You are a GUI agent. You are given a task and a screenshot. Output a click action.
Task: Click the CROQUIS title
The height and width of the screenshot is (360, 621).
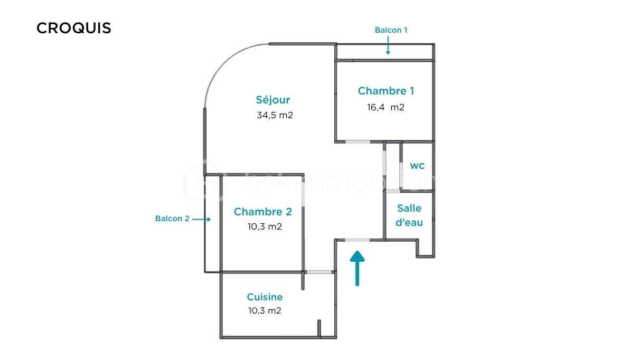click(74, 28)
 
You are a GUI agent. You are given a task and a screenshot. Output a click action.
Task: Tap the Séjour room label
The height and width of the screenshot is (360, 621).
click(273, 99)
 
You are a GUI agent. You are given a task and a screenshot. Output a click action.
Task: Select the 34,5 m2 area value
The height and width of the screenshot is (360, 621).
click(275, 115)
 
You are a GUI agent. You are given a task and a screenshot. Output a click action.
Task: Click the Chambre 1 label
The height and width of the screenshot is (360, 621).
click(385, 91)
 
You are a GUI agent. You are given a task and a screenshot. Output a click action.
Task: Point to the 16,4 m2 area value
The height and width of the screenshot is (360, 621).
click(385, 107)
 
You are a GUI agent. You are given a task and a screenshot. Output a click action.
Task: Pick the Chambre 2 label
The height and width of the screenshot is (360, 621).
click(262, 212)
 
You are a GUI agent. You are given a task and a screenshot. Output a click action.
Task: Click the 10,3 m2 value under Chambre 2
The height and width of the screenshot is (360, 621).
click(264, 226)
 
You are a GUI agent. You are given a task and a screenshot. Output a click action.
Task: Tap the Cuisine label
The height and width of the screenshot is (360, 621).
click(265, 297)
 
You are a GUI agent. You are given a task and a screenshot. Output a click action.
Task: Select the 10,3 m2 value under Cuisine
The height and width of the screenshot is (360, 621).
click(265, 310)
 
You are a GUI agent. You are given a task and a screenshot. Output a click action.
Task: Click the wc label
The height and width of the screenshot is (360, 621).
click(417, 166)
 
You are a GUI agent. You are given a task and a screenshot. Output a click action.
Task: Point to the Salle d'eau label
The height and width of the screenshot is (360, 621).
click(410, 215)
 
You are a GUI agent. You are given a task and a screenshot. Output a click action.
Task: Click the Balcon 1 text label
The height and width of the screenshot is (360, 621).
click(391, 30)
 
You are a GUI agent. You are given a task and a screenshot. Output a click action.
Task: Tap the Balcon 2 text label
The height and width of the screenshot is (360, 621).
click(172, 219)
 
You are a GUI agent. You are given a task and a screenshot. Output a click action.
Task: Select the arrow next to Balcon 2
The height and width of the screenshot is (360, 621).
click(202, 219)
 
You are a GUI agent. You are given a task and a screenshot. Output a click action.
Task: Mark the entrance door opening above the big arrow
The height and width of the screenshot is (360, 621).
click(357, 240)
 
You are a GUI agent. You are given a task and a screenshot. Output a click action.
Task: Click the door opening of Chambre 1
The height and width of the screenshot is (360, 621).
click(357, 142)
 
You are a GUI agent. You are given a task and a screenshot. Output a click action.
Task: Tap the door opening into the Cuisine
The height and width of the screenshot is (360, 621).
click(319, 272)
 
